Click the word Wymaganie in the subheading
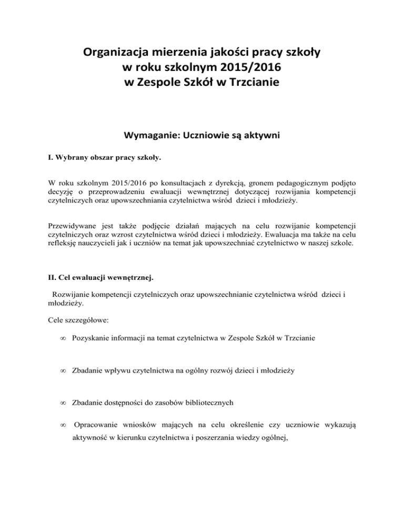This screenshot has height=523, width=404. point(153,135)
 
